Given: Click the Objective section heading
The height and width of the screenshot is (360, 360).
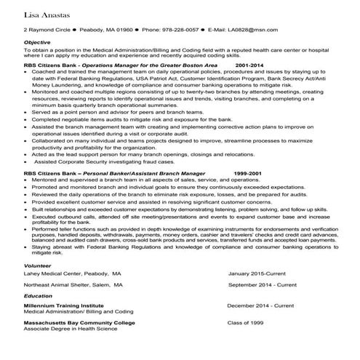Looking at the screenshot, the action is [37, 42].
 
